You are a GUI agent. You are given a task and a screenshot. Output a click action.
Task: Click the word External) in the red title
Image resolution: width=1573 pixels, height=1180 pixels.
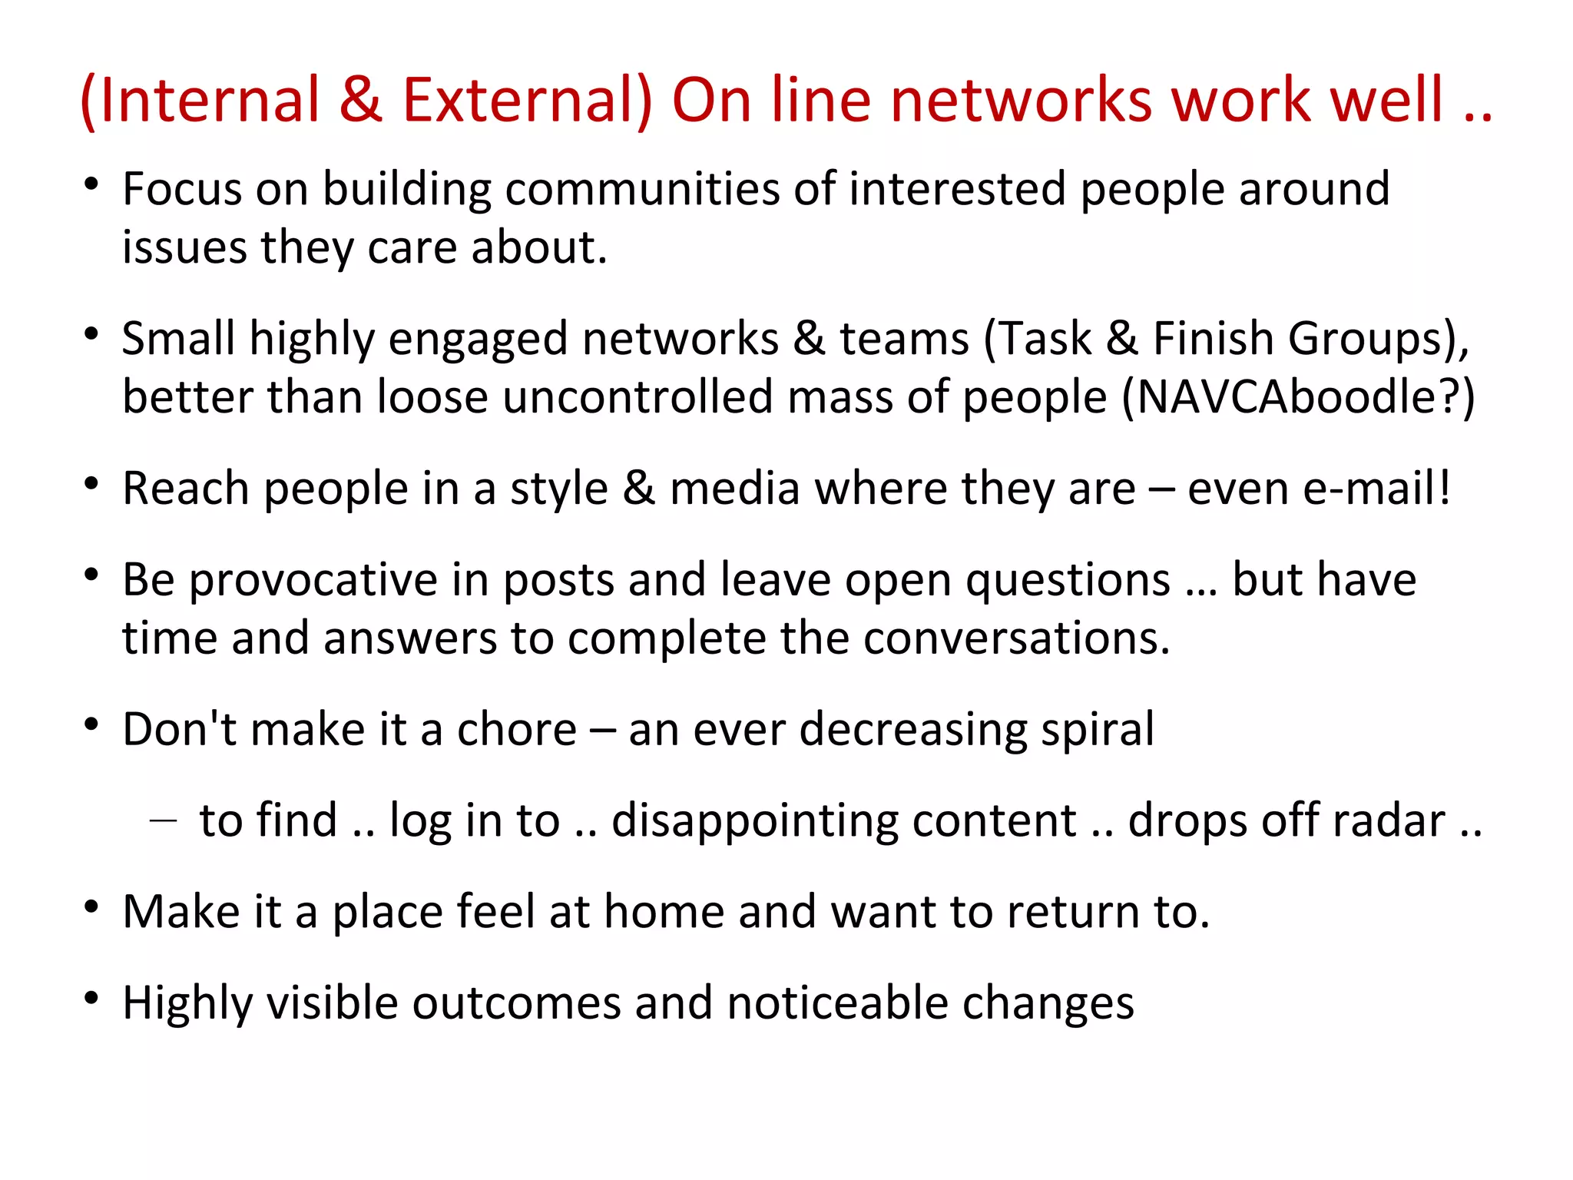click(527, 100)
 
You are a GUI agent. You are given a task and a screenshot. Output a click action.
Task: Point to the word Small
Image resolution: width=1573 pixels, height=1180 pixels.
click(178, 339)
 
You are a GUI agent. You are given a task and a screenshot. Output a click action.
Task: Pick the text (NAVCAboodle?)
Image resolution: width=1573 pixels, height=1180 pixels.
click(1298, 398)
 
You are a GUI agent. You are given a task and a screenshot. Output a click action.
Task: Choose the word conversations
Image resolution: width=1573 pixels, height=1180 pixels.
click(1016, 638)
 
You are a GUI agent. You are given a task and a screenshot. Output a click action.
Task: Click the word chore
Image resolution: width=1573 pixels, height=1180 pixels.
click(516, 729)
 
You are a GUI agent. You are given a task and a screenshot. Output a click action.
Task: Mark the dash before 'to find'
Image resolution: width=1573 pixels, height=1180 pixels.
click(163, 820)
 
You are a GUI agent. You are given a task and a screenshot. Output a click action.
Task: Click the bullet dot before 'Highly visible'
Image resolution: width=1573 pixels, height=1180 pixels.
click(92, 998)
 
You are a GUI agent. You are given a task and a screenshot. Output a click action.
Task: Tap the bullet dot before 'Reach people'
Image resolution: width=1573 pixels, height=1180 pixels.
click(92, 484)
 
